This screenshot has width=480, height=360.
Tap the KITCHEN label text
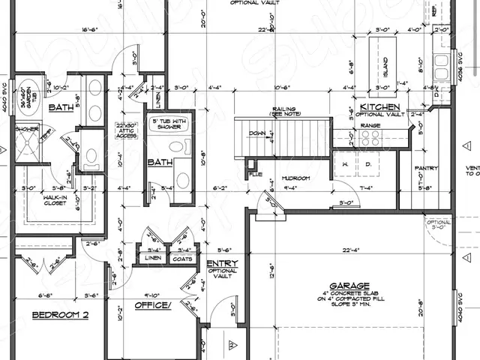point(379,108)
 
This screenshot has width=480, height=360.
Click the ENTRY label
point(223,263)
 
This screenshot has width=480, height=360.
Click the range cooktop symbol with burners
point(369,137)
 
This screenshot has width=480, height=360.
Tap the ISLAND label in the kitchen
point(385,67)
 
